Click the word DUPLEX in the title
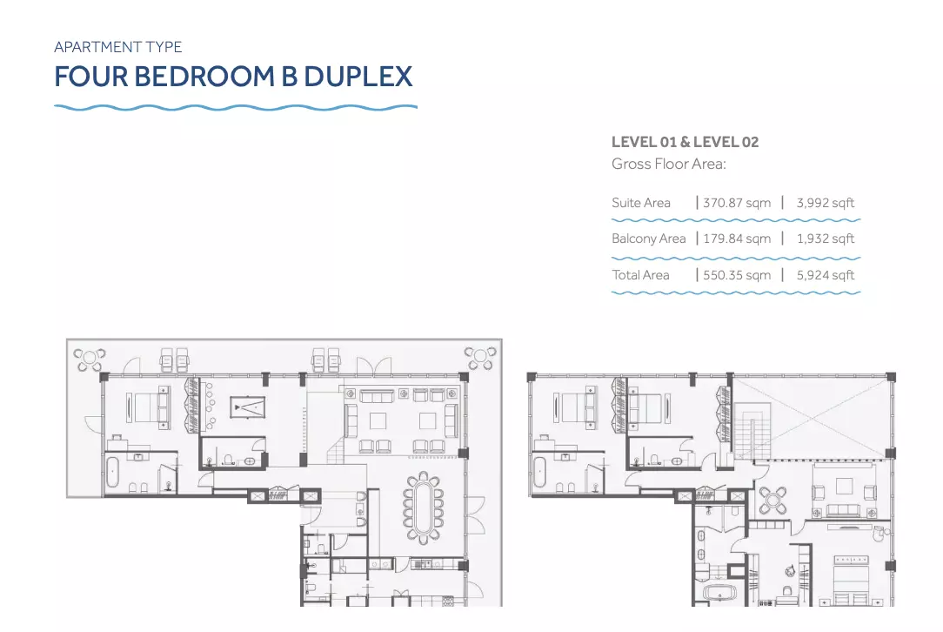coord(358,77)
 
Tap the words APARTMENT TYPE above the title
coord(118,47)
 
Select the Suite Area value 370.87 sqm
coord(737,203)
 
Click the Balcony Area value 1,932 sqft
coord(825,239)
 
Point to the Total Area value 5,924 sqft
coord(825,275)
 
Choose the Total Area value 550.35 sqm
coord(737,275)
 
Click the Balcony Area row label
coord(648,239)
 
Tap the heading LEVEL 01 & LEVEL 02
coord(685,142)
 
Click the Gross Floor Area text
coord(669,164)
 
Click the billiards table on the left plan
coord(247,407)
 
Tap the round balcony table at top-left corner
coord(90,360)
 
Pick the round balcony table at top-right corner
coord(480,358)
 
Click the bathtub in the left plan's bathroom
coord(113,473)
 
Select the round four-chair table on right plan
coord(772,500)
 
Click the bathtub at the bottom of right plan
coord(720,594)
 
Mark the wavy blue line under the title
coord(236,108)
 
